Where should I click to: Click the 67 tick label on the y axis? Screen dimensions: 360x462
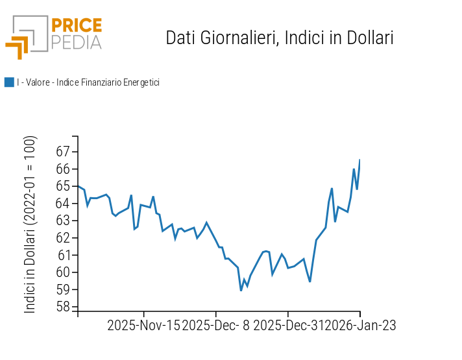[x=63, y=152]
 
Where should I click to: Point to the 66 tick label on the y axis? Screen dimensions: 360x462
[x=63, y=169]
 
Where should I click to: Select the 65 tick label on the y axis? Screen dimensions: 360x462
[x=63, y=186]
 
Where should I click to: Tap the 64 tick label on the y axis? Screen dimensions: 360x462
[x=63, y=204]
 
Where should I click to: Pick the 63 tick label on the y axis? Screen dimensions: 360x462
[x=63, y=221]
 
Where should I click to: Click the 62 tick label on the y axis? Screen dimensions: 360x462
[x=63, y=238]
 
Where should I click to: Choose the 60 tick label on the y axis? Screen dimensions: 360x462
[x=63, y=272]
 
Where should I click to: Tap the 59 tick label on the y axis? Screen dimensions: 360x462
[x=63, y=290]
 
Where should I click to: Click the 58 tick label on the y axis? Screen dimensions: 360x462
[x=63, y=307]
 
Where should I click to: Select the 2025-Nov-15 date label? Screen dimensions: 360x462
[x=143, y=326]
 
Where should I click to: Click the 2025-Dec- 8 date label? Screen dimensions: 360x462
[x=216, y=326]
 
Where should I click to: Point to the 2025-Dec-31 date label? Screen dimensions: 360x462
[x=289, y=326]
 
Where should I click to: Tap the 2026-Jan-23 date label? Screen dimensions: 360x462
[x=361, y=326]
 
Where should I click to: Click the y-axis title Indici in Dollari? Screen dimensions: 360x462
[x=30, y=224]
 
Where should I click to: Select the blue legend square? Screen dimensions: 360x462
[x=9, y=82]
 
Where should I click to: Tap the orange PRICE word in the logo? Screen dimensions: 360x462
[x=76, y=26]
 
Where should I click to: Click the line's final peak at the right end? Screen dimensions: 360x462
[x=359, y=160]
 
